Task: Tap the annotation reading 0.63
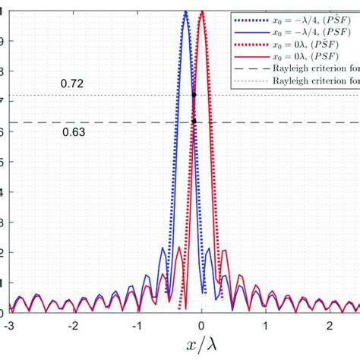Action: coord(74,131)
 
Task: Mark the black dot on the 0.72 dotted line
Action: coord(194,95)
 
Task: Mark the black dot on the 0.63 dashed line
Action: coord(194,122)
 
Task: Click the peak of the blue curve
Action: coord(185,11)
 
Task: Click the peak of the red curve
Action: coord(202,11)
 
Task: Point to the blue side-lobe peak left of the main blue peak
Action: coord(162,248)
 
